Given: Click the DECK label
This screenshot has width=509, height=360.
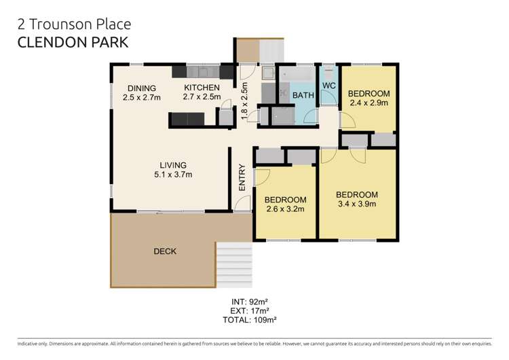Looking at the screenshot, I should (x=164, y=251).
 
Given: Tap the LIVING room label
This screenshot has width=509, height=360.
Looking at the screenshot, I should (x=173, y=165).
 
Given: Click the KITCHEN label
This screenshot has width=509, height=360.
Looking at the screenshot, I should (x=202, y=88).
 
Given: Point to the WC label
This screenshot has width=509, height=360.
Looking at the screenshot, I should (x=329, y=85).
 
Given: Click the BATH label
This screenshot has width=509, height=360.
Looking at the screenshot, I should (x=303, y=96).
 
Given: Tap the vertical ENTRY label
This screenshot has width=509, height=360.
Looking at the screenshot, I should (x=242, y=178).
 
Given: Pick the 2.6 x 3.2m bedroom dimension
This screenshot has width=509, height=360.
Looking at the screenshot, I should (x=285, y=209).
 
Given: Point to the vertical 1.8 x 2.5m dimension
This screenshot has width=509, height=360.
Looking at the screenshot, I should (x=245, y=101).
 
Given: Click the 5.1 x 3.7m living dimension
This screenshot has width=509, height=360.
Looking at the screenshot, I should (x=173, y=175).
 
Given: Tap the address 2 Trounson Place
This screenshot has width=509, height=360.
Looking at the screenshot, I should (x=74, y=24).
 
